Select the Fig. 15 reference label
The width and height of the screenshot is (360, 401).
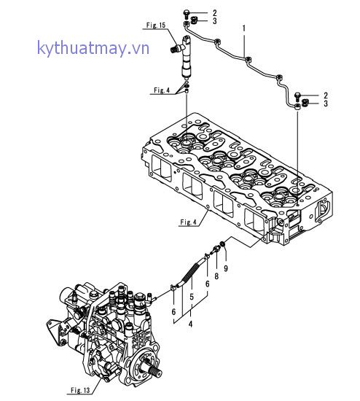(156, 26)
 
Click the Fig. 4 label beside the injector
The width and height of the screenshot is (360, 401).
(162, 90)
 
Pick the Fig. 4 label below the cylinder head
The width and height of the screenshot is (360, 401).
(189, 222)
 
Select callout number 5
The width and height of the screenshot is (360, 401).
(192, 296)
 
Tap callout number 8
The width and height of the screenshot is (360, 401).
(216, 276)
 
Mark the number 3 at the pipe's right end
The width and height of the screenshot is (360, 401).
(325, 105)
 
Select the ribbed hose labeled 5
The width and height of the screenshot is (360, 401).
(192, 270)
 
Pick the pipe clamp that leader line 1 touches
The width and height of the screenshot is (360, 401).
(249, 58)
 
